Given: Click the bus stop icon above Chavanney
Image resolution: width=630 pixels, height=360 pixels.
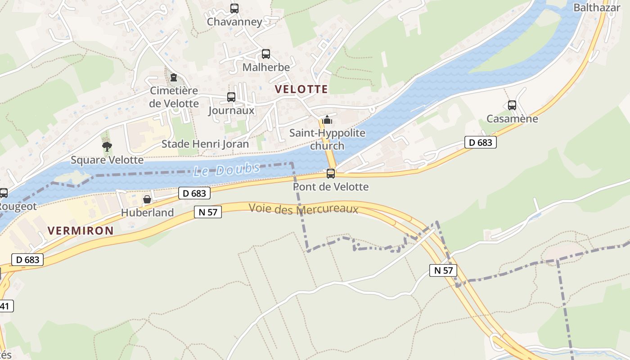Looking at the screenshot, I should [234, 8].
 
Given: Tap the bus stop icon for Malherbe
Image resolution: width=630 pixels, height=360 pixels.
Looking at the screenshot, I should [266, 54].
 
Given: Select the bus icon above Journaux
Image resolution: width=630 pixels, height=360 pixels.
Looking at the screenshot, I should [231, 97].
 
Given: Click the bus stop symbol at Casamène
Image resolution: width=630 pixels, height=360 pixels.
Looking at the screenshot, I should [512, 105].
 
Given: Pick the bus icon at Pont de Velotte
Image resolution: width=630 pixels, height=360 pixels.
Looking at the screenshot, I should [331, 173].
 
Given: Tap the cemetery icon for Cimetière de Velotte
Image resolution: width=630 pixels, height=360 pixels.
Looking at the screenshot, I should [174, 77].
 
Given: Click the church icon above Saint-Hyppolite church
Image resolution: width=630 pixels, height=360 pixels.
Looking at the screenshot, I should [327, 120].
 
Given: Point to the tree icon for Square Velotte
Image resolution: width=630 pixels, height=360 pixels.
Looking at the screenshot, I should [107, 146].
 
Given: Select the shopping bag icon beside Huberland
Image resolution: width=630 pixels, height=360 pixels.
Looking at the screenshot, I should [147, 199].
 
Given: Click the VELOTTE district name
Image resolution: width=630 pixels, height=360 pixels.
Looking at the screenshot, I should [301, 89].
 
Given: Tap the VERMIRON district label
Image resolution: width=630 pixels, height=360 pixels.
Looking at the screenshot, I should [81, 231].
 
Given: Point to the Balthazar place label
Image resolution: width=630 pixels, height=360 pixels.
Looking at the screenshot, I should [597, 8].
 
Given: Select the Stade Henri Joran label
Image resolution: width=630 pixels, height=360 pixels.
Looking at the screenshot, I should [205, 144].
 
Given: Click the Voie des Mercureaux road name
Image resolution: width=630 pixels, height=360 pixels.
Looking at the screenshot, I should [303, 209].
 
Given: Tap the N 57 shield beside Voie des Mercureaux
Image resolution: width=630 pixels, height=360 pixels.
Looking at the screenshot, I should [208, 212].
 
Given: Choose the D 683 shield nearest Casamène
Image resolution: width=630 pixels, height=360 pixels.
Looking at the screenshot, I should [481, 143].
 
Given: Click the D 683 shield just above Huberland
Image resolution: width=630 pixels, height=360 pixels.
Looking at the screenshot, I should [194, 193].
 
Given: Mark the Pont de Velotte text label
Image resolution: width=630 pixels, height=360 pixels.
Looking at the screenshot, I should [331, 186].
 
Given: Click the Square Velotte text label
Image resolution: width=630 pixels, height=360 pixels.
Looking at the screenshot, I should [107, 160].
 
